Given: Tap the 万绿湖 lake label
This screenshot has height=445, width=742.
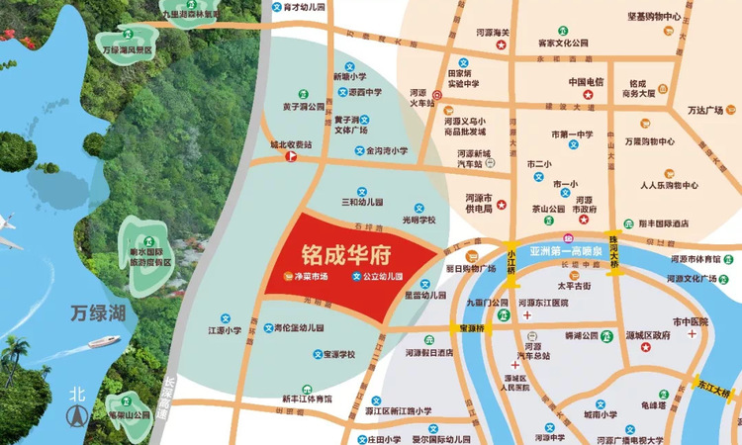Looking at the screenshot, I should click(99, 313).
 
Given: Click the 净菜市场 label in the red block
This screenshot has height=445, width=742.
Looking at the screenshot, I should click(312, 277).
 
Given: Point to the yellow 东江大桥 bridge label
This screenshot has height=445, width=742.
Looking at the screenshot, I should click(711, 388).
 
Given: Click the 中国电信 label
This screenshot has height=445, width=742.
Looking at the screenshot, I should click(586, 82).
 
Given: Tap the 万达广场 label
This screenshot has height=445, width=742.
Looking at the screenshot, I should click(705, 110).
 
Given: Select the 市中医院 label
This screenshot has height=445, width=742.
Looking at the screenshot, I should click(692, 322).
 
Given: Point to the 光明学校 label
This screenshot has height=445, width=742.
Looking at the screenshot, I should click(418, 220).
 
